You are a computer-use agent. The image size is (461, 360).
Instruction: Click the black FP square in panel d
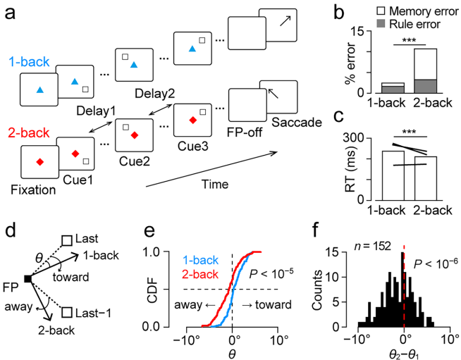26,280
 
